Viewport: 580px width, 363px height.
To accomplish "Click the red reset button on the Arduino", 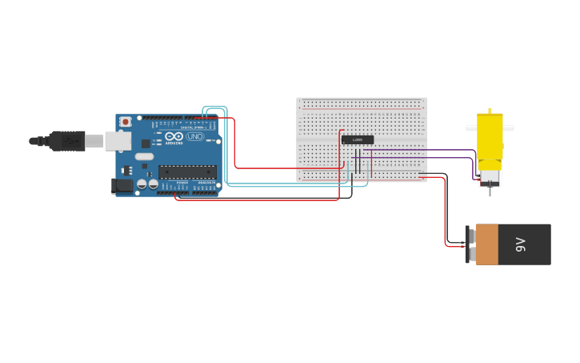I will pyautogui.click(x=126, y=122).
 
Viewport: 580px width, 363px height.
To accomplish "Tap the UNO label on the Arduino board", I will pyautogui.click(x=194, y=137).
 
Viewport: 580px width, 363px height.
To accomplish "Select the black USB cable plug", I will pyautogui.click(x=66, y=141).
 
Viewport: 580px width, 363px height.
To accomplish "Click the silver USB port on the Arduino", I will pyautogui.click(x=118, y=141).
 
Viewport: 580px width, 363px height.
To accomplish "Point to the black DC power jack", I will pyautogui.click(x=122, y=186).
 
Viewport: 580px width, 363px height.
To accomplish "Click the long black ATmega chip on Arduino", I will pyautogui.click(x=187, y=171).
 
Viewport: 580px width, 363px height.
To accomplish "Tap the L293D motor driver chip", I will pyautogui.click(x=357, y=139).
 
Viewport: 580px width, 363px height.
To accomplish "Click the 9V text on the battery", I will pyautogui.click(x=521, y=244).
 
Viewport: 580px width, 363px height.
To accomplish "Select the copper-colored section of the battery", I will pyautogui.click(x=486, y=244).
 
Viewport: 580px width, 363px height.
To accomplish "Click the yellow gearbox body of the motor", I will pyautogui.click(x=490, y=136).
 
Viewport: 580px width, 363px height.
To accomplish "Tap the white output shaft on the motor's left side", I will pyautogui.click(x=471, y=127).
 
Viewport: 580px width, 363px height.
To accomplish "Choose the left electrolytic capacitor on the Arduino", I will pyautogui.click(x=142, y=184).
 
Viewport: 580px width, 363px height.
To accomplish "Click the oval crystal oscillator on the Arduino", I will pyautogui.click(x=144, y=156).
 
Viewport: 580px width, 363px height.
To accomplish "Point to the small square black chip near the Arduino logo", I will pyautogui.click(x=146, y=143).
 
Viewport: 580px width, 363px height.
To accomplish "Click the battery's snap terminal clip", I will pyautogui.click(x=469, y=244).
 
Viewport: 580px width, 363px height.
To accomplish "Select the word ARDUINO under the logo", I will pyautogui.click(x=174, y=143).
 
